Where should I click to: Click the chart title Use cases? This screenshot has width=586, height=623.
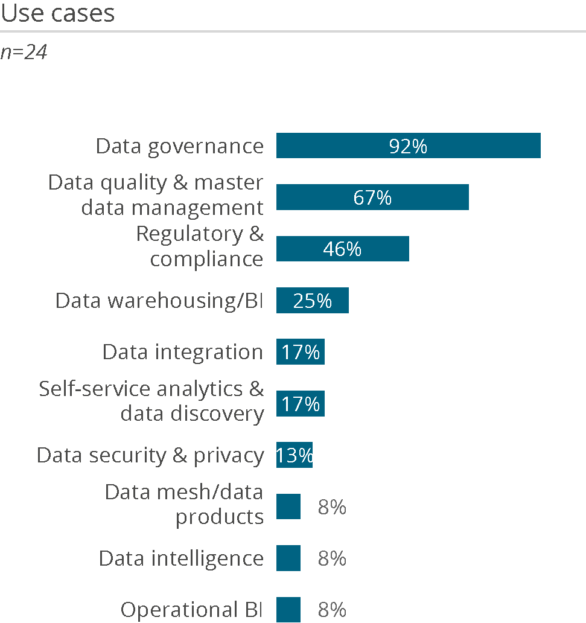(x=58, y=13)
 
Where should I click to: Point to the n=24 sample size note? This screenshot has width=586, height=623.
(x=24, y=53)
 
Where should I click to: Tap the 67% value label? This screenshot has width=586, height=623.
(x=372, y=198)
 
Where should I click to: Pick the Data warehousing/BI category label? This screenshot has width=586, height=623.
(x=159, y=301)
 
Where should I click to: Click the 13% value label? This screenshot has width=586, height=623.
(x=295, y=455)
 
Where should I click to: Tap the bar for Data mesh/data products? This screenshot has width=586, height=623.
(x=288, y=506)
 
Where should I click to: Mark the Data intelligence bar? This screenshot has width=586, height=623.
(x=288, y=558)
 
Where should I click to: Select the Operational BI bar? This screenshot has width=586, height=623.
(x=288, y=610)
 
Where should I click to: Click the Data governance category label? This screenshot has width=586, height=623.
(x=180, y=146)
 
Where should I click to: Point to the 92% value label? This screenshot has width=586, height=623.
(x=408, y=146)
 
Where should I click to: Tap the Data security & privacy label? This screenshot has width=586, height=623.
(x=150, y=455)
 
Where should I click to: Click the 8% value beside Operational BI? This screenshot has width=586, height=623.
(x=332, y=610)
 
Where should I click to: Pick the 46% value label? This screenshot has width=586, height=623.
(x=342, y=249)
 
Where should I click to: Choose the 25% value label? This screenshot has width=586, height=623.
(x=313, y=301)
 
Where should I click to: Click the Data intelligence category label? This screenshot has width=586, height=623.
(x=181, y=558)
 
